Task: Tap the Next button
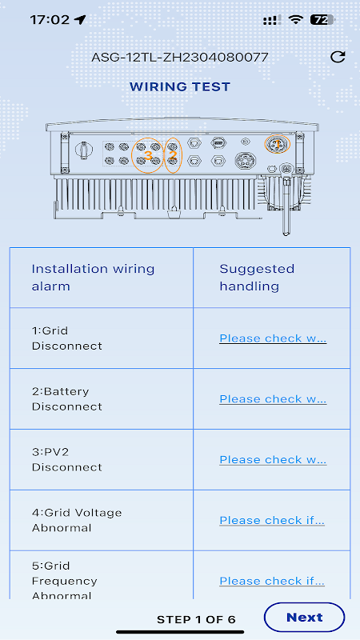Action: point(304,617)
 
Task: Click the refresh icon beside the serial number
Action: point(338,57)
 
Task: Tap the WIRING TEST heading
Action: point(180,86)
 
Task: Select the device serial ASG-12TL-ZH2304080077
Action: point(179,57)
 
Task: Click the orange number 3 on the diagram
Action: point(148,155)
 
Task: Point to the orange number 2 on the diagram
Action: point(173,155)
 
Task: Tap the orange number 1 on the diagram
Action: point(277,144)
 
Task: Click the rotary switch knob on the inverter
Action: point(84,150)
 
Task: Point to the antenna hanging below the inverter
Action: point(286,202)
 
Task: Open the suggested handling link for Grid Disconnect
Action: point(273,338)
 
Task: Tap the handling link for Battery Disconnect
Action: point(273,398)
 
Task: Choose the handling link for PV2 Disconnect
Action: point(273,459)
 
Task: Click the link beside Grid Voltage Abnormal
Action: point(272,521)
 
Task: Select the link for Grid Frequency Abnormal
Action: point(272,581)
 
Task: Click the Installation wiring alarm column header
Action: point(93,278)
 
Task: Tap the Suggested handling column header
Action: point(257,278)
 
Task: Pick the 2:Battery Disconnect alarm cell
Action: point(67,398)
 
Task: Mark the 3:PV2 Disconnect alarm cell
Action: point(67,459)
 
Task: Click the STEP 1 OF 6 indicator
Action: point(196,619)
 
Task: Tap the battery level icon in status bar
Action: point(322,19)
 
